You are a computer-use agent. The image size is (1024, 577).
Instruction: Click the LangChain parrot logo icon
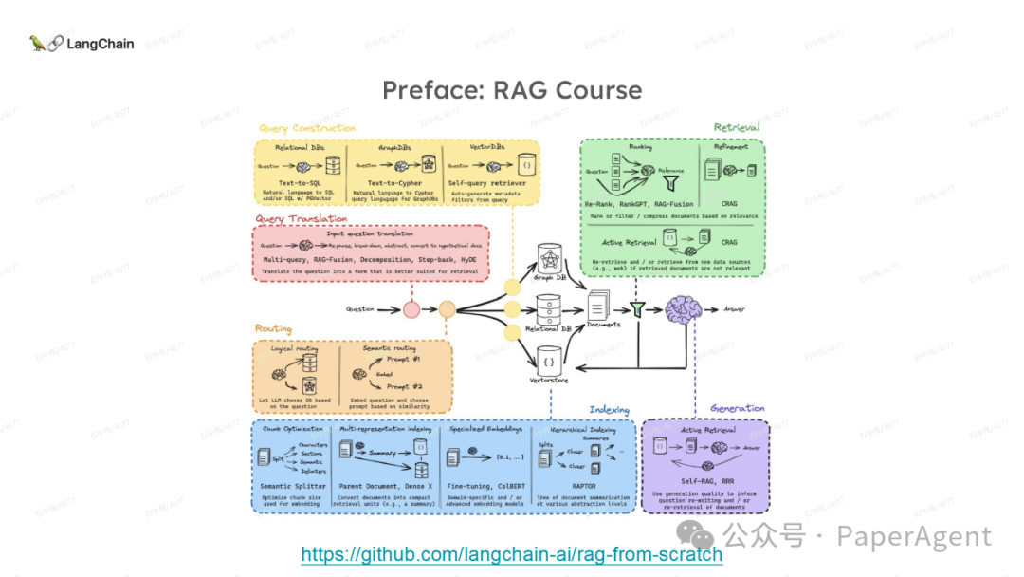(x=38, y=43)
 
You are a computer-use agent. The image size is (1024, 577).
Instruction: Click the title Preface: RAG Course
(x=512, y=90)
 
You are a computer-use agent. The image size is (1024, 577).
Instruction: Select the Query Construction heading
(x=307, y=128)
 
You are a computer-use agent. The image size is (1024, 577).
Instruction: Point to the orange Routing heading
(x=273, y=328)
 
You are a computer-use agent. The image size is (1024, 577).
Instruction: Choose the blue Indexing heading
(x=609, y=410)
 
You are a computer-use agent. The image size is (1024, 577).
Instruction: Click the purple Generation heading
(x=737, y=409)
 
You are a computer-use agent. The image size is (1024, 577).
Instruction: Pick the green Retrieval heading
(x=737, y=127)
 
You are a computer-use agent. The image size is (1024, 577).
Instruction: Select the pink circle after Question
(x=411, y=309)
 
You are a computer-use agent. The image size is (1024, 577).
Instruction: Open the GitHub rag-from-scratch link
(x=512, y=554)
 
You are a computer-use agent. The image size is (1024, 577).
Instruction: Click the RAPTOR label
(x=583, y=485)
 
